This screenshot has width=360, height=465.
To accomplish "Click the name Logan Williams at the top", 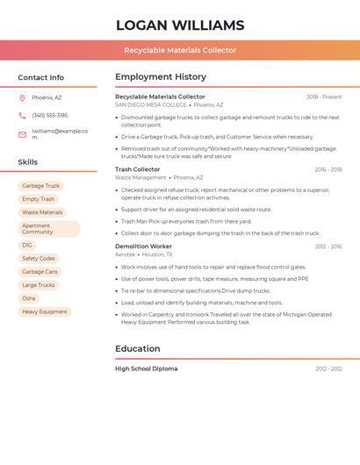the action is (x=180, y=25).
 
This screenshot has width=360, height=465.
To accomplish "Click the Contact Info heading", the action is (x=41, y=77).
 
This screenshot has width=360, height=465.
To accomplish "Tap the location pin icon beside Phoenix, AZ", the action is (x=22, y=98).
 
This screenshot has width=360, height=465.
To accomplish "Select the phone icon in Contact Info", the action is (x=22, y=115).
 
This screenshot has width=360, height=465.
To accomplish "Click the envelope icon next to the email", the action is (x=22, y=134).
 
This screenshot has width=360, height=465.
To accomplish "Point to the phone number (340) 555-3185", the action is (x=49, y=115).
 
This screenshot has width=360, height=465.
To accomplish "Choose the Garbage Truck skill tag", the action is (x=40, y=186).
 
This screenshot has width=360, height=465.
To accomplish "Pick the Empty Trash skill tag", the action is (x=38, y=199).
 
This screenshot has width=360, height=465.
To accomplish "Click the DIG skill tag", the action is (x=27, y=246).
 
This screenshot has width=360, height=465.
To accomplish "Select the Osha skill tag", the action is (x=29, y=298).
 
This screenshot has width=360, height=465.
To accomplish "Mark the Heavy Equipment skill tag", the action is (x=44, y=311).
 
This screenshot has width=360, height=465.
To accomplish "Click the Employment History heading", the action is (x=161, y=77).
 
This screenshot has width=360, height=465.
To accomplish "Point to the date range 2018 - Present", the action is (x=324, y=97).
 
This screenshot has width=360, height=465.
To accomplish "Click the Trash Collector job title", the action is (x=138, y=169).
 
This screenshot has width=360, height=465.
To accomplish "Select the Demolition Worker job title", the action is (x=143, y=247).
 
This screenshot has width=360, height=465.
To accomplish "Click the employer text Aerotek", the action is (x=126, y=254).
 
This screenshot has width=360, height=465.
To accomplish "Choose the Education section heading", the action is (x=138, y=348).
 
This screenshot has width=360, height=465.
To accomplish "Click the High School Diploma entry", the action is (x=147, y=368).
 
